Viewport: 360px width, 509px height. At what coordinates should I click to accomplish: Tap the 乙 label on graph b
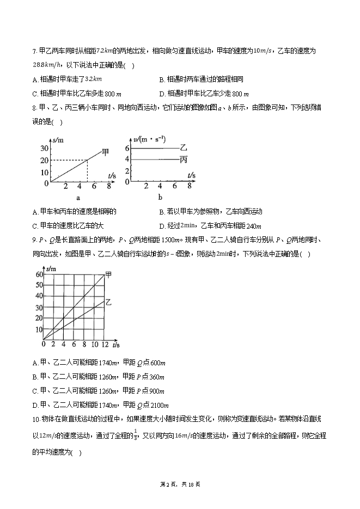[x=184, y=148]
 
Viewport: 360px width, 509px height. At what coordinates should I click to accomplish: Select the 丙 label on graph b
[x=184, y=160]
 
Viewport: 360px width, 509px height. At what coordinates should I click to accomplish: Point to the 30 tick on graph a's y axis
[x=45, y=148]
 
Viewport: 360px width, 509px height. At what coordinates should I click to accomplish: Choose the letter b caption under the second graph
[x=160, y=198]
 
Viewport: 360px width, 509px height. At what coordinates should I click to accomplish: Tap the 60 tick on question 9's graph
[x=39, y=274]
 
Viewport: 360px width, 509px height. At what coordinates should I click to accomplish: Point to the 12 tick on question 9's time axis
[x=104, y=345]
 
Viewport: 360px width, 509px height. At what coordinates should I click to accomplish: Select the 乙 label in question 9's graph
[x=108, y=301]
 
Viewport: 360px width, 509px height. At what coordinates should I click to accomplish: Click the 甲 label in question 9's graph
[x=108, y=274]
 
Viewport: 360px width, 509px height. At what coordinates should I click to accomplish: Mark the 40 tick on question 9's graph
[x=39, y=297]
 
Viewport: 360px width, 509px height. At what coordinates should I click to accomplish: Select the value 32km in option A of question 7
[x=94, y=79]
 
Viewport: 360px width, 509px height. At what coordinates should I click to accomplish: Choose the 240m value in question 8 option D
[x=254, y=226]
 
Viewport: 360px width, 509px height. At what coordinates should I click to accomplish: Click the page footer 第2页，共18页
[x=180, y=484]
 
